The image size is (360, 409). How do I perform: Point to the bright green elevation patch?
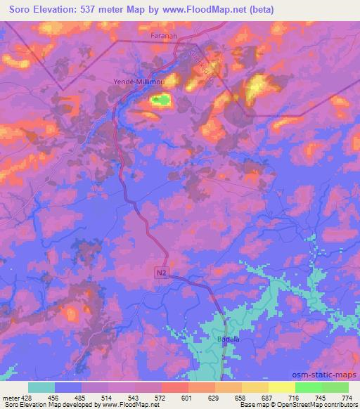[162, 101]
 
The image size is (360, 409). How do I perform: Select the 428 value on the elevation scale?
[27, 398]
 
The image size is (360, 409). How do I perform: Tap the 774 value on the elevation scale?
[345, 398]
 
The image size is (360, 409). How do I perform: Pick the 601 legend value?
[187, 398]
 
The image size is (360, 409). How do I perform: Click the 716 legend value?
[294, 398]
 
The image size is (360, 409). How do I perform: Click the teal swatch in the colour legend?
[41, 387]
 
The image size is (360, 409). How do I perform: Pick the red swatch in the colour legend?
[174, 387]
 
